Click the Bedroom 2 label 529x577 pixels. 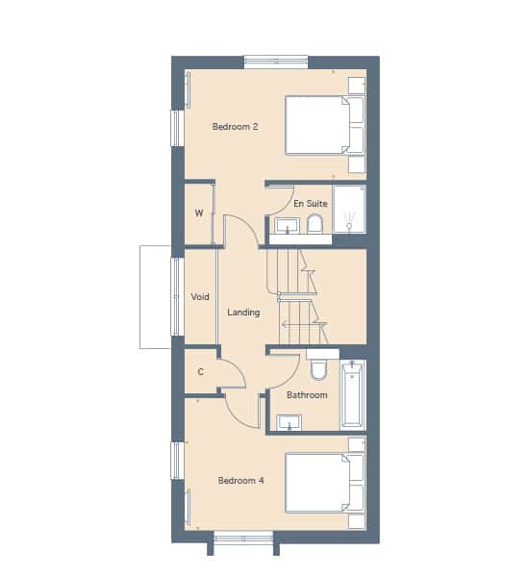(x=235, y=127)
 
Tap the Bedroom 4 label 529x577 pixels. (x=240, y=480)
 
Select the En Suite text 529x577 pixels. (x=311, y=204)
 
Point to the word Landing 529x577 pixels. (x=243, y=313)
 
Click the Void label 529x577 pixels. (x=200, y=296)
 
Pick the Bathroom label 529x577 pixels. (x=307, y=395)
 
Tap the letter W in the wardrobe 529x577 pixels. (x=199, y=213)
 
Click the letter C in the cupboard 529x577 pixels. (x=201, y=372)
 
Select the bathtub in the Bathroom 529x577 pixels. (x=353, y=395)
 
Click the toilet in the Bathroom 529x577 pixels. (x=318, y=369)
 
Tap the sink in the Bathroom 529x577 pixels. (x=290, y=422)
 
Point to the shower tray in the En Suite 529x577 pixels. (x=349, y=209)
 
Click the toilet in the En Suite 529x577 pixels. (x=315, y=224)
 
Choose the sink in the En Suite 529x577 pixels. (x=288, y=226)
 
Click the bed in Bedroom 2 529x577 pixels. (x=325, y=125)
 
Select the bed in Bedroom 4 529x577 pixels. (x=325, y=483)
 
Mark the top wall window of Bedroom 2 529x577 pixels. (x=276, y=62)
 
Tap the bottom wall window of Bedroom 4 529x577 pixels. (x=243, y=538)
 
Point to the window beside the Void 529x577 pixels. (x=177, y=296)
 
